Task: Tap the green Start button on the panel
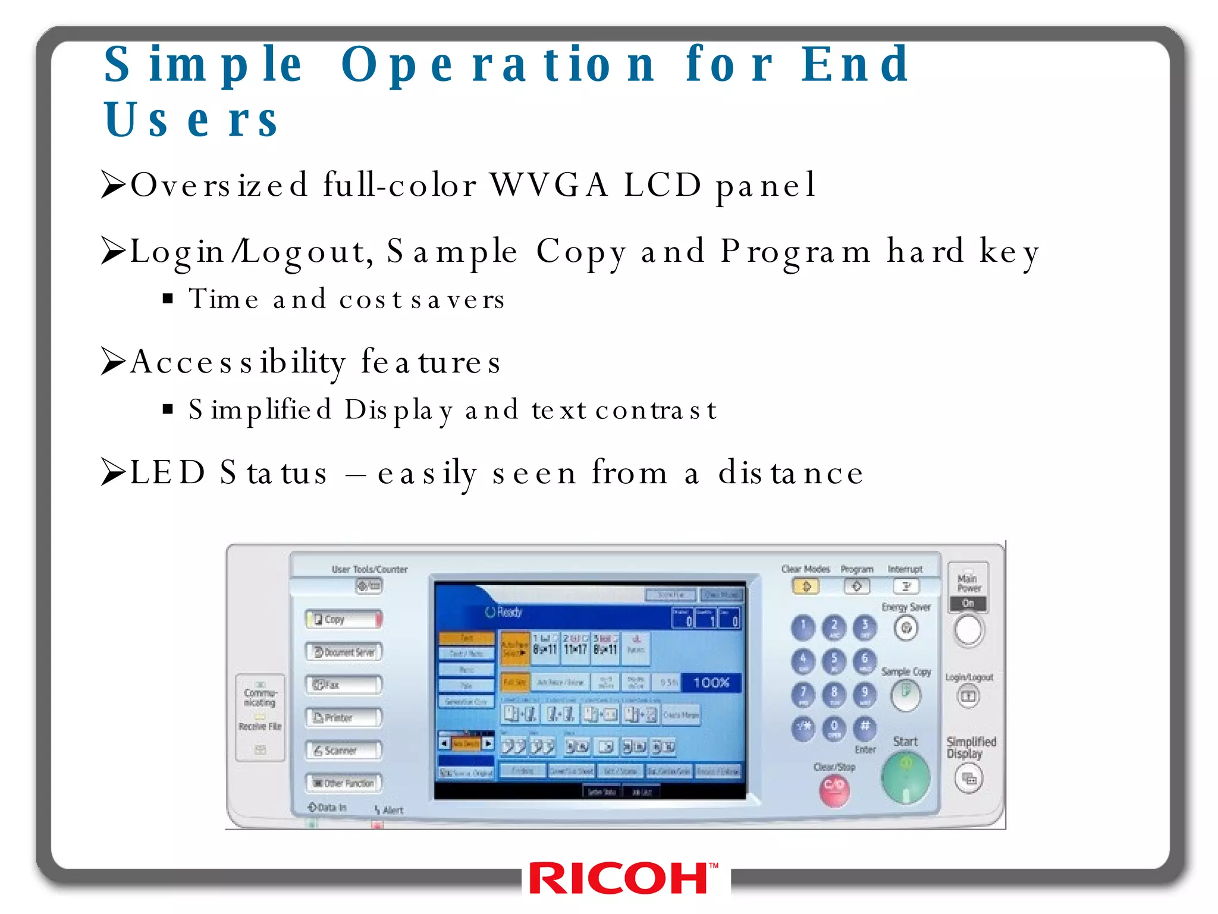point(905,778)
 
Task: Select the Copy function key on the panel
point(344,619)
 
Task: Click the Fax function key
point(344,685)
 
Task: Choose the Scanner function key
point(344,750)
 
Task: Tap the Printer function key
point(344,718)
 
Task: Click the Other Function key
point(344,783)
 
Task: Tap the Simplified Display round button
point(969,778)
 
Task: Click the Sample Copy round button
point(906,695)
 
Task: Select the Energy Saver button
point(906,628)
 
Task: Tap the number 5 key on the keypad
point(834,661)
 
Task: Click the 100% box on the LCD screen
point(711,683)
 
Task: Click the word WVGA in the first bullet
point(549,184)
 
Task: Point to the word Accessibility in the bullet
point(237,362)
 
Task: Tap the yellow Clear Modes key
point(806,587)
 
